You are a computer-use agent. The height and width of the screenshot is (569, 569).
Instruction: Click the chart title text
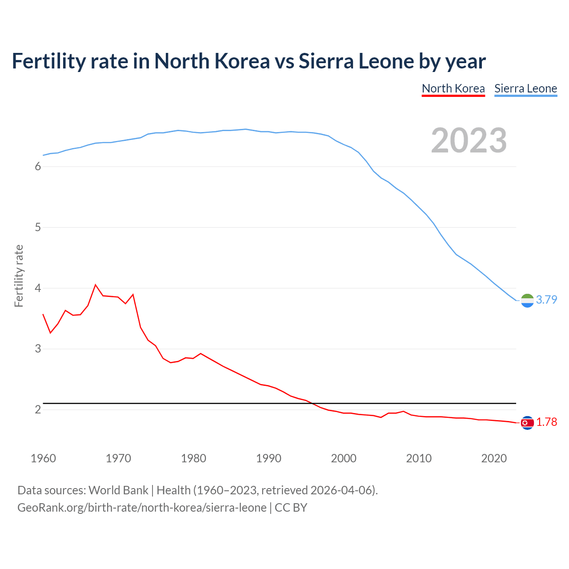[248, 61]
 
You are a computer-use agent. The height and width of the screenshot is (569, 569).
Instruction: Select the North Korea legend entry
[453, 88]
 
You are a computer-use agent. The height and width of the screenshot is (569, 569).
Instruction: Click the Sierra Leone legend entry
[525, 88]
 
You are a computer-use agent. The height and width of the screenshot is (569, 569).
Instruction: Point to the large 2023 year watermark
[469, 140]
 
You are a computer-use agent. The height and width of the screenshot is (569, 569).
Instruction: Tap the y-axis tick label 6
[38, 167]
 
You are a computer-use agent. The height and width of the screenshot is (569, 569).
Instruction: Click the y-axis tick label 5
[38, 228]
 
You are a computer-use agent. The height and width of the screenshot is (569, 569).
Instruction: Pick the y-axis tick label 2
[38, 409]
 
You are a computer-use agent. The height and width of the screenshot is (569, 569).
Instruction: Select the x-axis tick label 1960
[43, 458]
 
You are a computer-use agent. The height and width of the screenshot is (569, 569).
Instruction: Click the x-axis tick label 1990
[268, 458]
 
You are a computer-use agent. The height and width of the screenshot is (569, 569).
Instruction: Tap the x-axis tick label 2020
[494, 458]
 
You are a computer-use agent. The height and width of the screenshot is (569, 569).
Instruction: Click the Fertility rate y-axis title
[19, 276]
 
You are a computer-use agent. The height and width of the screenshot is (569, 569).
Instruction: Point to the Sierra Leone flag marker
[527, 301]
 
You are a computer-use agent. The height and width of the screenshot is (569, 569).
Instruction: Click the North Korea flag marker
[527, 423]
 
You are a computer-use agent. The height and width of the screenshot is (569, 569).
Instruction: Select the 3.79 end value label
[546, 300]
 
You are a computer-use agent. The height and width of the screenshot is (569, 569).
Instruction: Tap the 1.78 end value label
[546, 422]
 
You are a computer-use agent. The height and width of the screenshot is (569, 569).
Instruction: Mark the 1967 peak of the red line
[96, 284]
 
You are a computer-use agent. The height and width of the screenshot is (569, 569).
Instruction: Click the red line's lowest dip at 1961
[50, 333]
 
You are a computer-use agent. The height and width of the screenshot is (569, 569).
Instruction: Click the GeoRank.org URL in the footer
[142, 508]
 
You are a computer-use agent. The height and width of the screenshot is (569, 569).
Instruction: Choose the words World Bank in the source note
[118, 490]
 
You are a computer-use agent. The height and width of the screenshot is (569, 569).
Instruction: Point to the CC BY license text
[291, 508]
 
